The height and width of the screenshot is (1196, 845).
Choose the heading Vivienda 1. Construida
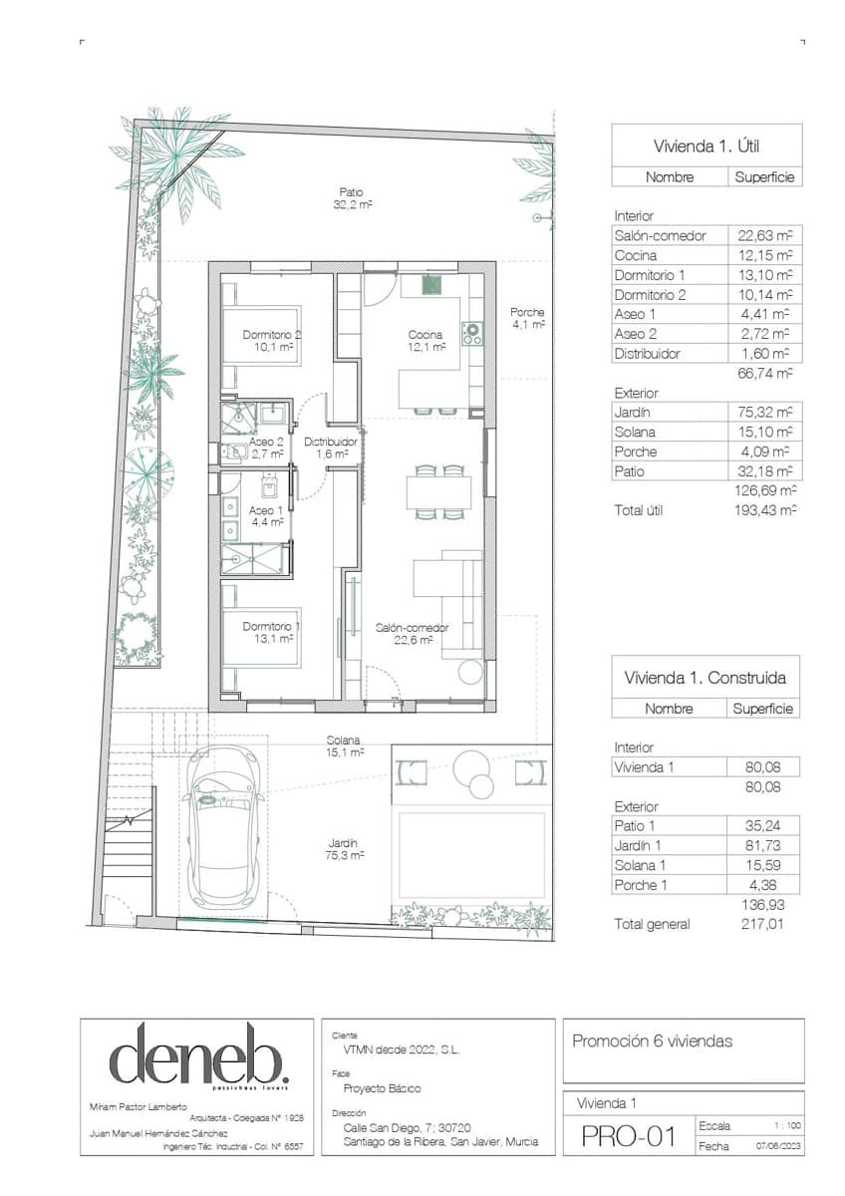click(x=705, y=678)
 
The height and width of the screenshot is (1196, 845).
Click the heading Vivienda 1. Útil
click(x=706, y=146)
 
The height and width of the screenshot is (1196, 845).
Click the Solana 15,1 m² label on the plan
click(x=344, y=747)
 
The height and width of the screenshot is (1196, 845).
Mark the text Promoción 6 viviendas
click(x=652, y=1042)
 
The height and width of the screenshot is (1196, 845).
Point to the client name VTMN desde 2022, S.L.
click(x=396, y=1049)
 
